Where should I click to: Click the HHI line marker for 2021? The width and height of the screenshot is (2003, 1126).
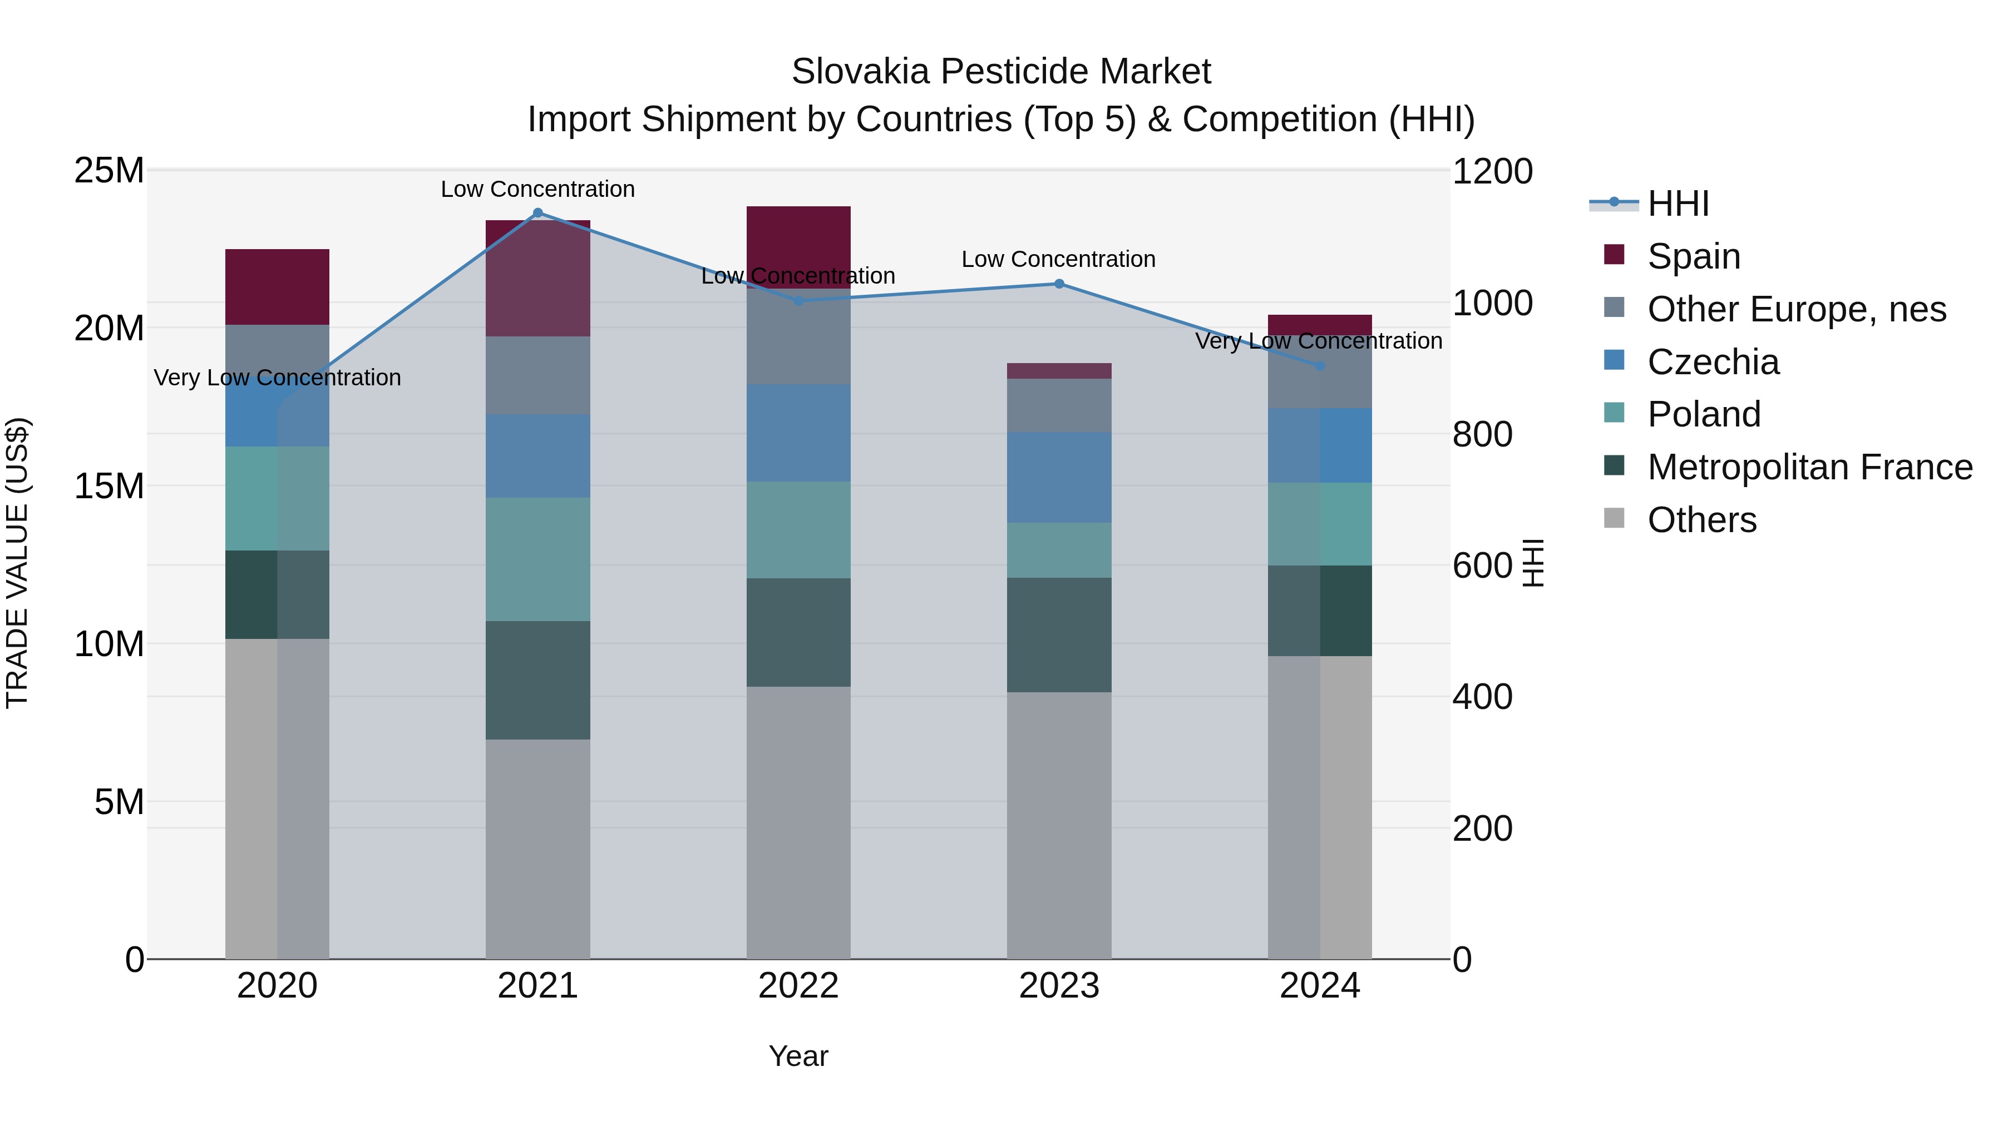537,213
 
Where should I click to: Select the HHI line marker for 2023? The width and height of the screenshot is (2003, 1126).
1059,284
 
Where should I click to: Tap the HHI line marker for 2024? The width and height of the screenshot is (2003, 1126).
1320,366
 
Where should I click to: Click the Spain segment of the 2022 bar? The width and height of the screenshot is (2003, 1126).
798,247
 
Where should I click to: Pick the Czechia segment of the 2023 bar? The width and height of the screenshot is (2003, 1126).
1059,477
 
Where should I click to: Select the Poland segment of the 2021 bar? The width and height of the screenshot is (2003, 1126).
537,559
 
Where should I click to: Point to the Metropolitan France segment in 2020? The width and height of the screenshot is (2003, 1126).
277,594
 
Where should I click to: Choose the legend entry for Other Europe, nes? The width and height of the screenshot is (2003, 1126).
1795,309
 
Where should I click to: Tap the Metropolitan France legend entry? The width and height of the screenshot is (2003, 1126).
1809,467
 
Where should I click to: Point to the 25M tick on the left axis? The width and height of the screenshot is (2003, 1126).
109,170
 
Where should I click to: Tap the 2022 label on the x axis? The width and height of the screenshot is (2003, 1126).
798,986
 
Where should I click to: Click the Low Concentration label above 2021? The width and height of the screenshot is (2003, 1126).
537,189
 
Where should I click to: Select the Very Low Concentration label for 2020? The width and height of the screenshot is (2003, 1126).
277,378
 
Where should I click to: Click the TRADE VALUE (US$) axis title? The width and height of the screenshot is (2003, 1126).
17,563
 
